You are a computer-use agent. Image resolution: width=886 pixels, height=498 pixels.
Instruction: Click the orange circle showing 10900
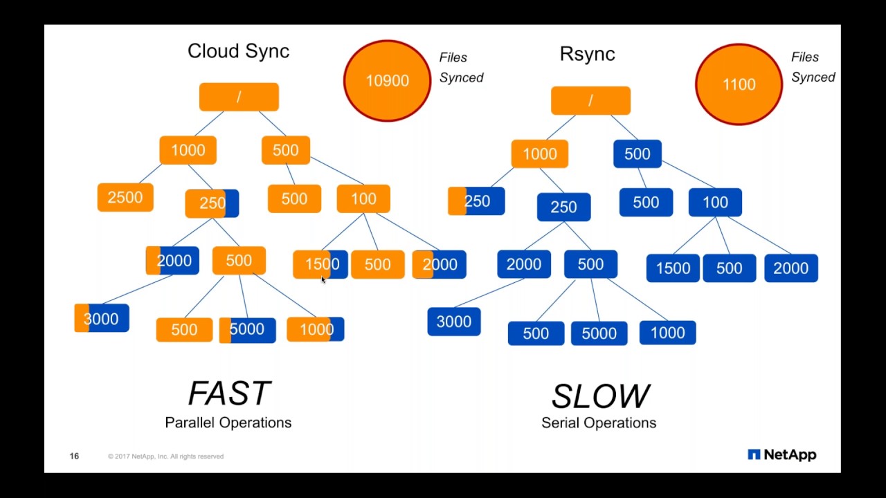(x=387, y=81)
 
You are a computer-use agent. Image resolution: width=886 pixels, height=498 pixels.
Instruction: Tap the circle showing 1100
(x=739, y=84)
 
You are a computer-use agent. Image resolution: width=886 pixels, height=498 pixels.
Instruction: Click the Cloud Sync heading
(x=238, y=51)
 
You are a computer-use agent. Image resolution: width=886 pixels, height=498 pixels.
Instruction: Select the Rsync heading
(x=587, y=54)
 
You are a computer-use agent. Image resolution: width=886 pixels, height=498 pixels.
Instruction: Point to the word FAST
(x=228, y=394)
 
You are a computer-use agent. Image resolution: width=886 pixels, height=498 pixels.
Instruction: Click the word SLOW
(x=599, y=396)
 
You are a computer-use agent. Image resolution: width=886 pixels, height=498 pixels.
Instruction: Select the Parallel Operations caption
(x=228, y=423)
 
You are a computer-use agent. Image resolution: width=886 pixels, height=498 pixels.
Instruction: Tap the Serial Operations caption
(x=599, y=423)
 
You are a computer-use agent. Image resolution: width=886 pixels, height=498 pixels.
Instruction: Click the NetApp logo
(x=781, y=454)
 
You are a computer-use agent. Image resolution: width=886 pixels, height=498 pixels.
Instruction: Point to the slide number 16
(x=74, y=456)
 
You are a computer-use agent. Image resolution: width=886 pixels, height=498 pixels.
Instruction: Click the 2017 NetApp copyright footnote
(x=165, y=456)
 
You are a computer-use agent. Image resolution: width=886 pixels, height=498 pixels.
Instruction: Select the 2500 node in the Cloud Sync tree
(x=125, y=198)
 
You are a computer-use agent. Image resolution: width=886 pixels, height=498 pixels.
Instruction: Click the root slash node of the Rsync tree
(x=590, y=101)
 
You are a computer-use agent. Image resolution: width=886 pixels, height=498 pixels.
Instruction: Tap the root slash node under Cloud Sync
(x=239, y=98)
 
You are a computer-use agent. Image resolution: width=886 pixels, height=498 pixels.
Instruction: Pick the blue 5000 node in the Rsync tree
(x=599, y=333)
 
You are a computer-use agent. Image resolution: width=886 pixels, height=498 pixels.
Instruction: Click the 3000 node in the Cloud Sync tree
(x=101, y=319)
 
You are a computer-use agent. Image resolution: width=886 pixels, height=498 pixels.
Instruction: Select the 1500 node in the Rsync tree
(x=673, y=268)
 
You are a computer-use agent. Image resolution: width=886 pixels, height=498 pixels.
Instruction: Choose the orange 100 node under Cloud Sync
(x=363, y=199)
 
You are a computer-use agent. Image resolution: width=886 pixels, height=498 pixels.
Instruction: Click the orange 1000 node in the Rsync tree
(x=539, y=154)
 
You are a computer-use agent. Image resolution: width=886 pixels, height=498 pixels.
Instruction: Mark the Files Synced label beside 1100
(x=813, y=67)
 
